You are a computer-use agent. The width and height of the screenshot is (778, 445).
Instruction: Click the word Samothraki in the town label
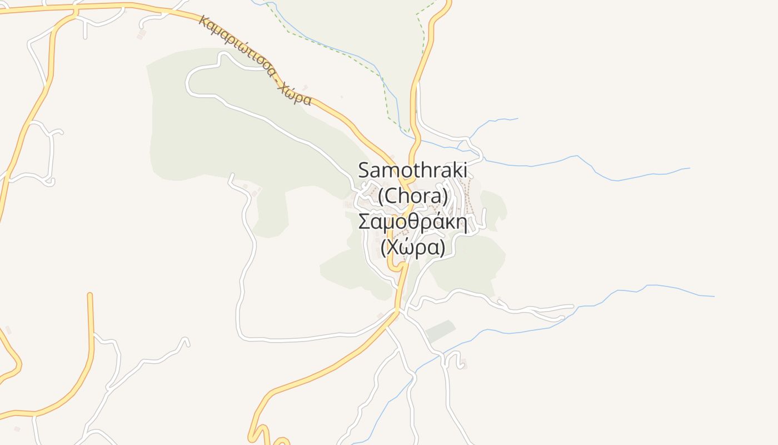click(412, 170)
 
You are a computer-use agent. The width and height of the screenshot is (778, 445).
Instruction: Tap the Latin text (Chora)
click(412, 196)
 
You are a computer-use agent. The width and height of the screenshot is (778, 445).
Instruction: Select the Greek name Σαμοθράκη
click(412, 222)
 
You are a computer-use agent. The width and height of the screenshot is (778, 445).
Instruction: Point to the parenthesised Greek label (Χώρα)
click(412, 248)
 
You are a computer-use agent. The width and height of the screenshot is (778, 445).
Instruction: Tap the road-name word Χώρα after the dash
click(293, 95)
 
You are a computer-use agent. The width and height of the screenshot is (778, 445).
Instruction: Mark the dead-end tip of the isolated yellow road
click(89, 295)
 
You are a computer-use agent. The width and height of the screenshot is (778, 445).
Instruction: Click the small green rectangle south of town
click(440, 331)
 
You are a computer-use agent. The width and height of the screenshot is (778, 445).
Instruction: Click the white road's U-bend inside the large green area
click(189, 83)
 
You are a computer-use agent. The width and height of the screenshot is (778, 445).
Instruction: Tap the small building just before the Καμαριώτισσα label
click(141, 34)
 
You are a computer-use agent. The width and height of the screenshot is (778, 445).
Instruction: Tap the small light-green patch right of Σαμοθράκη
click(495, 209)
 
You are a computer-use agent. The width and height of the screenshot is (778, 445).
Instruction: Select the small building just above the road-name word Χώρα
click(305, 88)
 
